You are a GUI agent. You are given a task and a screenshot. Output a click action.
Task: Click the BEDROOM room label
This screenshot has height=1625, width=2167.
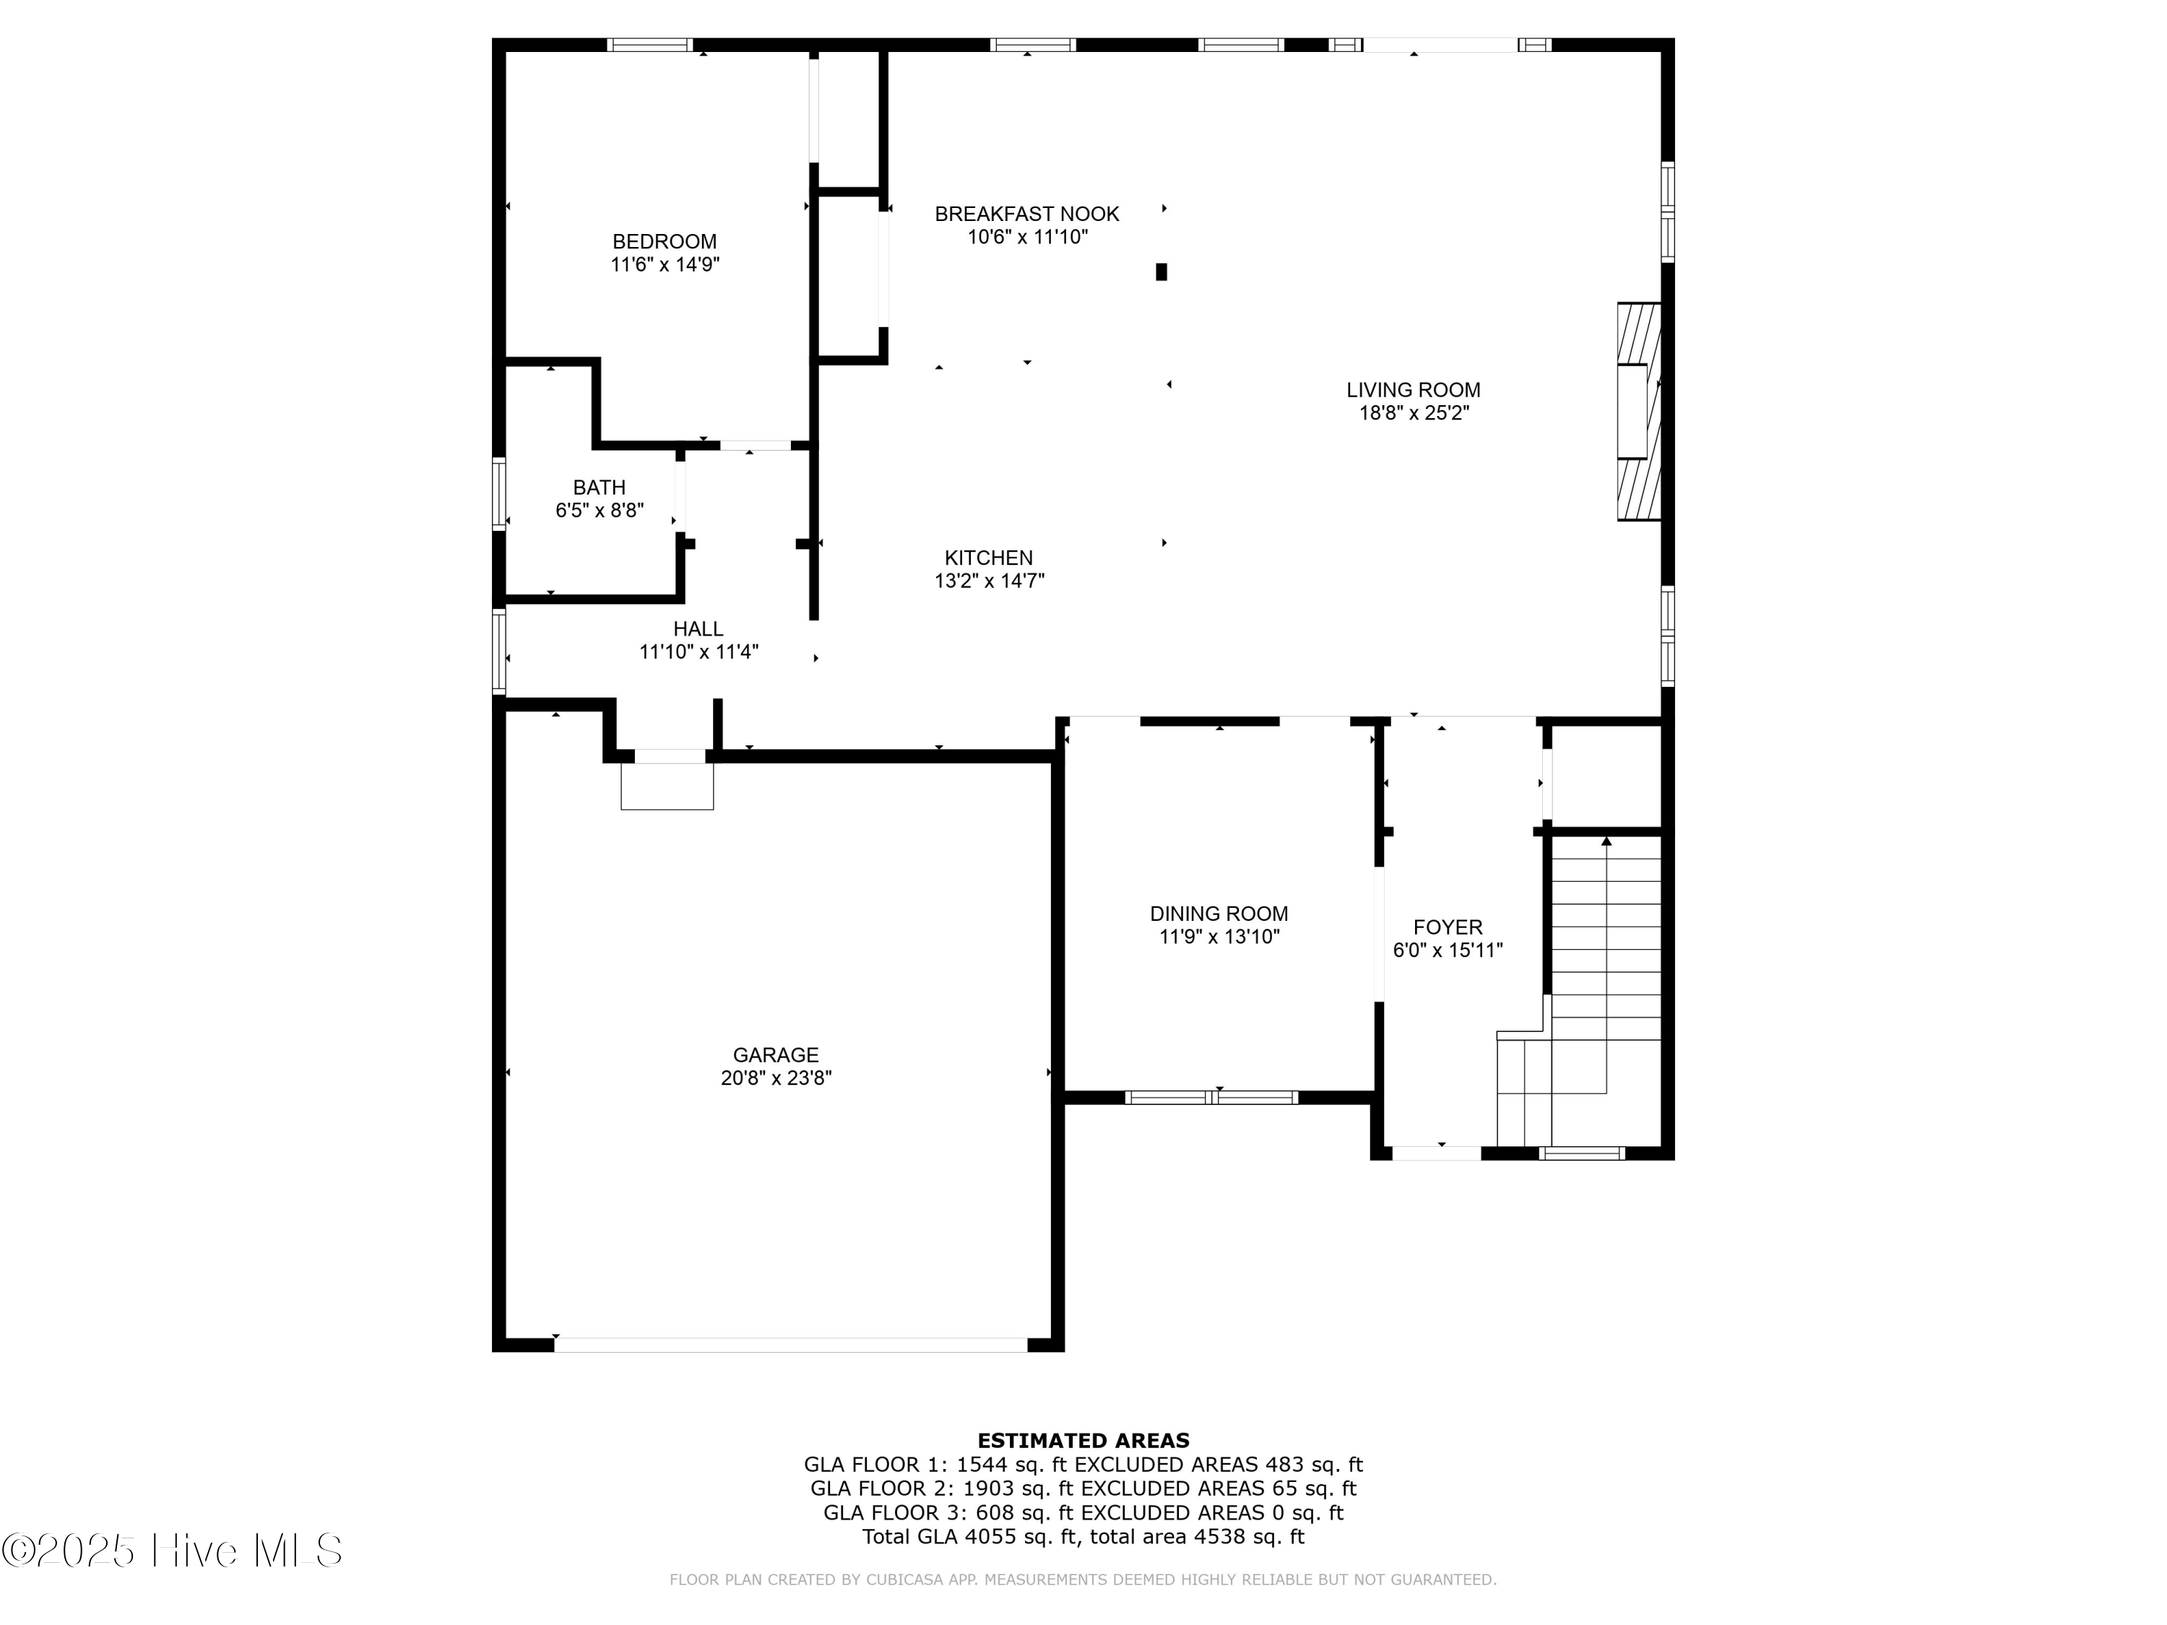[x=665, y=241]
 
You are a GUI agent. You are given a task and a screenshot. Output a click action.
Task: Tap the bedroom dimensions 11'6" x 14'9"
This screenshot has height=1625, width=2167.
[x=665, y=264]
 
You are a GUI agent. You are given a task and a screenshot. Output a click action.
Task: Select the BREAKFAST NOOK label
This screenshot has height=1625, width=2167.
[x=1026, y=214]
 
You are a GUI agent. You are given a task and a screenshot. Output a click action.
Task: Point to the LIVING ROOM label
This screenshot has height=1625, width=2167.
[x=1413, y=390]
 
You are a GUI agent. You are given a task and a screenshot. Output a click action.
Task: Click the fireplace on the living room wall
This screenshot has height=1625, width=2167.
[x=1638, y=412]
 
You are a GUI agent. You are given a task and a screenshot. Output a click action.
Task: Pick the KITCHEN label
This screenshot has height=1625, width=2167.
[x=987, y=558]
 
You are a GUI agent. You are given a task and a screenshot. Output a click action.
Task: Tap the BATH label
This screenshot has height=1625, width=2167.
[x=599, y=487]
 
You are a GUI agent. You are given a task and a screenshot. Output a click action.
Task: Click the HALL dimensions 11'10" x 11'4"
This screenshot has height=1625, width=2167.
[x=698, y=652]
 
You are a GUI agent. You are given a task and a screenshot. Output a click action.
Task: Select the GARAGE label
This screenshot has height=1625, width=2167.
[x=775, y=1055]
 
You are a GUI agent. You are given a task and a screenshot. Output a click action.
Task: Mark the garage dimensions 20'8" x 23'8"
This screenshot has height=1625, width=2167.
[x=775, y=1078]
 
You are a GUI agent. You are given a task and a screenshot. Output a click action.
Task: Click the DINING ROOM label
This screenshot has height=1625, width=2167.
[x=1219, y=914]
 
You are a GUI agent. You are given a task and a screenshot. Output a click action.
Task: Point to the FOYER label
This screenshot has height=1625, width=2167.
[x=1447, y=927]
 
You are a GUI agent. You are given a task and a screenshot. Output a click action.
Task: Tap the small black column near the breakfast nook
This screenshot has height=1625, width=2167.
[x=1161, y=272]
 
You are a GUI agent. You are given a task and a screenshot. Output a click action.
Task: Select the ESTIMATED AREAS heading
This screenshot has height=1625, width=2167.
[x=1083, y=1441]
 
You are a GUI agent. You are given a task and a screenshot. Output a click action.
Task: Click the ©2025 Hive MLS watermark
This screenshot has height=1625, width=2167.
[x=171, y=1551]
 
